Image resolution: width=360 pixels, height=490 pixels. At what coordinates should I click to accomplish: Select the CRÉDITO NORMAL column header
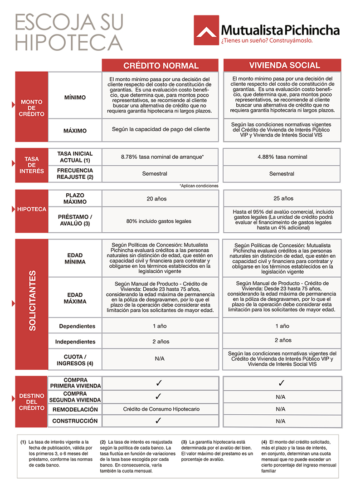(x=161, y=65)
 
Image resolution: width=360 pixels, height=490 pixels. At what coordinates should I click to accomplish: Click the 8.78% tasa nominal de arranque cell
(x=162, y=157)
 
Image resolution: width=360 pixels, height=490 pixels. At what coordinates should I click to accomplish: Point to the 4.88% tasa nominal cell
(x=282, y=157)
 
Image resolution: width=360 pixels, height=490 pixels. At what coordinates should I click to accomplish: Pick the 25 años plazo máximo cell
(x=282, y=198)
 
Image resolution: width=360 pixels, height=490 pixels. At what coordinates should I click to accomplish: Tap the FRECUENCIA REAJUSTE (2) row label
(x=75, y=174)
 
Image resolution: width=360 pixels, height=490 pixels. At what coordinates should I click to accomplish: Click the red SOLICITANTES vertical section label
(x=32, y=301)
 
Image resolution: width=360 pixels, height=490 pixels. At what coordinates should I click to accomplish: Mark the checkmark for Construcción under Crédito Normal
(x=158, y=421)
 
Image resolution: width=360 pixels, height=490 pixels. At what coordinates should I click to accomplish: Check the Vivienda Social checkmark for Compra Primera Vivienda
(x=281, y=383)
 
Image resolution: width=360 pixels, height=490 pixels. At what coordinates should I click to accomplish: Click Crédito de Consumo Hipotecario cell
(x=161, y=409)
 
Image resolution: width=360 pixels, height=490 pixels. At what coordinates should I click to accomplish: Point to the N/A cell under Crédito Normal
(x=159, y=358)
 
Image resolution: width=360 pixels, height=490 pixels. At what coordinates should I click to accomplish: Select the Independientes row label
(x=75, y=342)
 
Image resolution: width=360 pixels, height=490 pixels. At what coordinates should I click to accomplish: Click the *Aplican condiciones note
(x=199, y=186)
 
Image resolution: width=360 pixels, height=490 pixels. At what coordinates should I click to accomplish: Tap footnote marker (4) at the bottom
(x=265, y=441)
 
